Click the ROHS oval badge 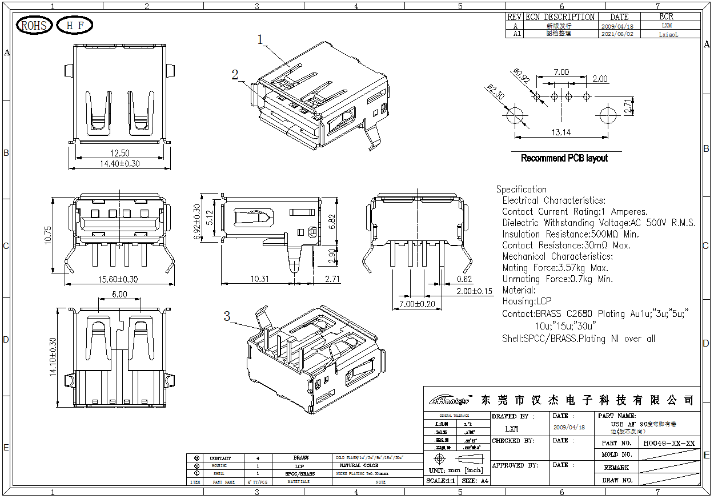coord(34,26)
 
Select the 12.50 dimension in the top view coord(119,153)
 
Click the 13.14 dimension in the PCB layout coord(561,133)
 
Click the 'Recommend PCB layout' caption coord(564,158)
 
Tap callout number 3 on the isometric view coord(227,316)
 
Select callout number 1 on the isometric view coord(260,40)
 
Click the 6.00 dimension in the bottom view coord(119,295)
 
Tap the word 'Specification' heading coord(521,189)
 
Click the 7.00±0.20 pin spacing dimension coord(417,304)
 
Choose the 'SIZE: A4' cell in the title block coord(475,481)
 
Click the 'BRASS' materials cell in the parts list coord(300,458)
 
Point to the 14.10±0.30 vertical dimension coord(53,357)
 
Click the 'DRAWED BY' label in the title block coord(512,416)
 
